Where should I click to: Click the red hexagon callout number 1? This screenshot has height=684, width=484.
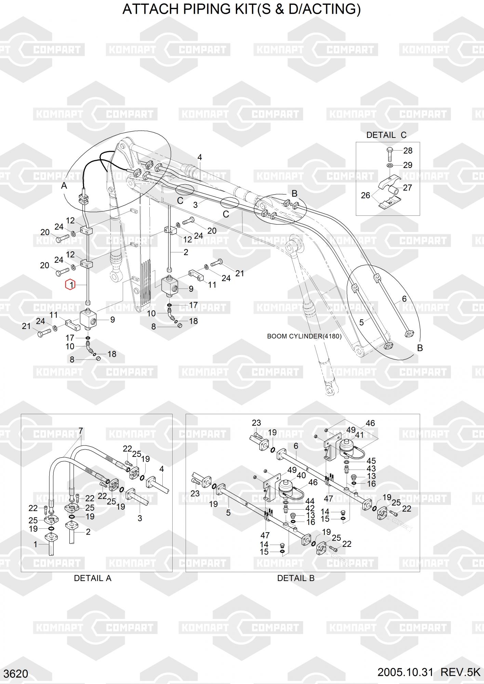click(x=70, y=285)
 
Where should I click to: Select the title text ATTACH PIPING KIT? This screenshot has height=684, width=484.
click(x=241, y=10)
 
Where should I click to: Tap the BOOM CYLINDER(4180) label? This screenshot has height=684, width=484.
click(x=304, y=336)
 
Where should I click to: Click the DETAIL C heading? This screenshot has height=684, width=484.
click(x=386, y=135)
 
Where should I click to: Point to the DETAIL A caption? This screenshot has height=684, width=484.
click(x=93, y=578)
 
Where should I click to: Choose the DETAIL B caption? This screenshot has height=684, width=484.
click(x=296, y=578)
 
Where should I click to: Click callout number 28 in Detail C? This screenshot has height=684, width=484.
click(x=408, y=150)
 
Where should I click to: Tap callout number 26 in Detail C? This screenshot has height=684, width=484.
click(x=365, y=195)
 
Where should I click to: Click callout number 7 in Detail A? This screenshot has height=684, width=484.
click(x=81, y=431)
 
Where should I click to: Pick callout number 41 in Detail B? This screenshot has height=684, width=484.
click(x=359, y=435)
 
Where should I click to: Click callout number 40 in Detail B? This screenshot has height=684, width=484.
click(x=301, y=475)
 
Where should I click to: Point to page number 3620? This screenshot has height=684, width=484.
click(x=16, y=673)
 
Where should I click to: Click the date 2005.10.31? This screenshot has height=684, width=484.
click(x=405, y=672)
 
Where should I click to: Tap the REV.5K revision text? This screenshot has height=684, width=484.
click(x=460, y=672)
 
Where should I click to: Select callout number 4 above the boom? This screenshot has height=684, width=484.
click(x=200, y=157)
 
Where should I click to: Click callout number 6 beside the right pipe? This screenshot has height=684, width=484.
click(x=404, y=299)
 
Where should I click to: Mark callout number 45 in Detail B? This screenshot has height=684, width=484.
click(x=371, y=461)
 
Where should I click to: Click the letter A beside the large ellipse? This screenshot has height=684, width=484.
click(x=64, y=186)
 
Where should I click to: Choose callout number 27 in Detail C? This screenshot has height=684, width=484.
click(x=407, y=187)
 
